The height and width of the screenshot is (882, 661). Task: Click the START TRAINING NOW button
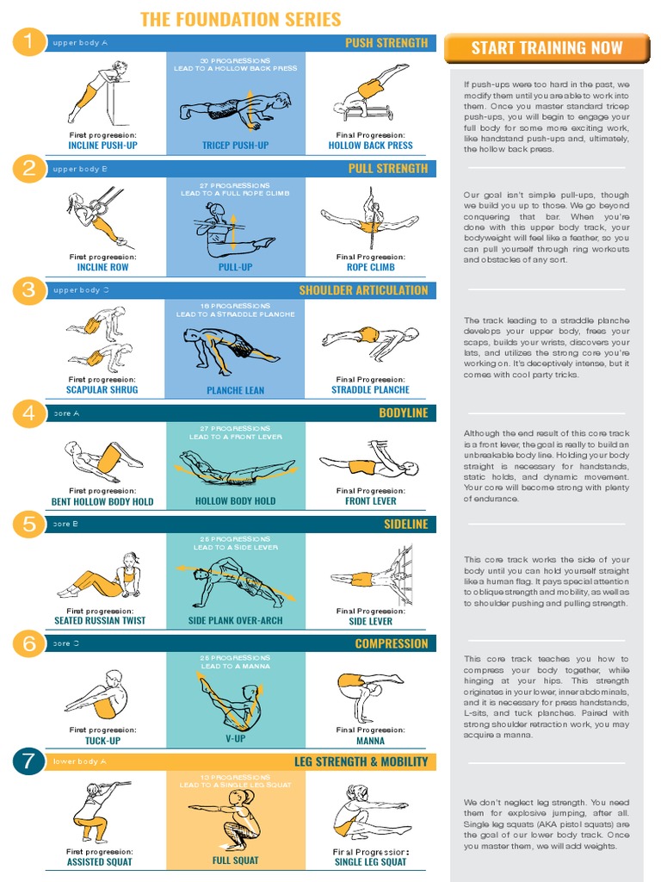point(545,48)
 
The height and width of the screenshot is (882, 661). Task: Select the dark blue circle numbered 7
point(28,761)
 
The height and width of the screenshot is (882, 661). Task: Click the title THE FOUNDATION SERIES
point(240,19)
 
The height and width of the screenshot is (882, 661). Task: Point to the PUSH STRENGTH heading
point(386,43)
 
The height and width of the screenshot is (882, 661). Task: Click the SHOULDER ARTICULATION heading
point(362,290)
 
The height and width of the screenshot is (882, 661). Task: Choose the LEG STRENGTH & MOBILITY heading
point(361,761)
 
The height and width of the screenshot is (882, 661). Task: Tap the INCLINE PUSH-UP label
point(102,146)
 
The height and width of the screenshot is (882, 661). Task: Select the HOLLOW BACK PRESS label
point(370,146)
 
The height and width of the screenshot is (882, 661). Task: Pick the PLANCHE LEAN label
point(235,390)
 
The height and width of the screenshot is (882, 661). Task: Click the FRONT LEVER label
point(370,500)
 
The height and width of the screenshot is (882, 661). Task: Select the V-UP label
point(235,740)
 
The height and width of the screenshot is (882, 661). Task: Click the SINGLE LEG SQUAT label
point(370,861)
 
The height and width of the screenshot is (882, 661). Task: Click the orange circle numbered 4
point(28,413)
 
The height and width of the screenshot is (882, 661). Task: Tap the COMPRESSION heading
point(391,643)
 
